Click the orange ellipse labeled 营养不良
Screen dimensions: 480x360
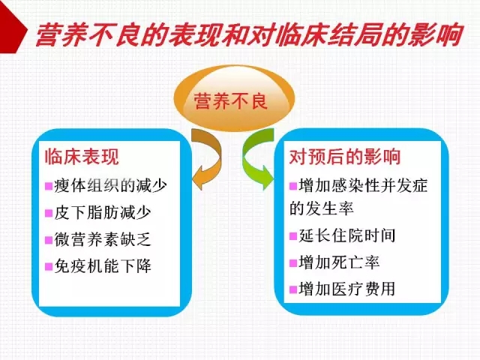click(x=234, y=98)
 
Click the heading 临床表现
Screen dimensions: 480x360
click(x=82, y=157)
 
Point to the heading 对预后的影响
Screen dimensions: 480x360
click(x=345, y=157)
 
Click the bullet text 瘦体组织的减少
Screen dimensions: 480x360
click(x=111, y=185)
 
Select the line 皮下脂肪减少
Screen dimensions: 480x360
click(x=103, y=212)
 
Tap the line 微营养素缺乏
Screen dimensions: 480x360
click(x=103, y=239)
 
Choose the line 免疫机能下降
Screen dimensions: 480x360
click(x=103, y=265)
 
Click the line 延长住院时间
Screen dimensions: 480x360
click(x=347, y=235)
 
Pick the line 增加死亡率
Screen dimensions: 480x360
click(x=339, y=262)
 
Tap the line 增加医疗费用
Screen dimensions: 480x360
click(x=347, y=289)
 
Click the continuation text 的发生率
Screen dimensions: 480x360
click(x=322, y=208)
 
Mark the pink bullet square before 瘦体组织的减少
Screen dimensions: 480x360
click(x=49, y=186)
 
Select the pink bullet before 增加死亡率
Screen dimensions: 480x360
click(x=293, y=263)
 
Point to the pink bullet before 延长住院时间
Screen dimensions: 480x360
click(x=293, y=236)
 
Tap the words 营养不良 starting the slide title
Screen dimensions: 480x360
click(x=88, y=34)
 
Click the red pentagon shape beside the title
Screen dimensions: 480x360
click(x=12, y=27)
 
